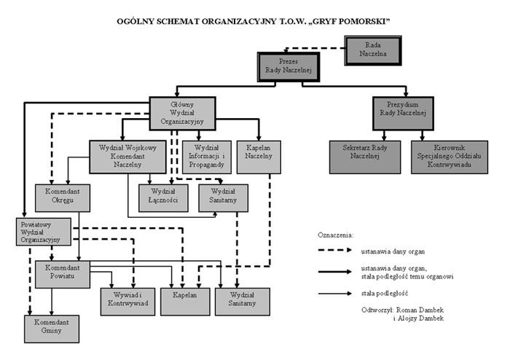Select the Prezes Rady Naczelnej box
[x=289, y=66]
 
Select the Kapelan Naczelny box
[x=259, y=155]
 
